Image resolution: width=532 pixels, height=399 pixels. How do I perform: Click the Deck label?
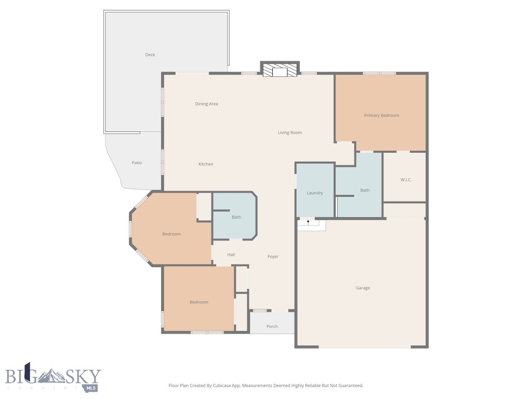150,55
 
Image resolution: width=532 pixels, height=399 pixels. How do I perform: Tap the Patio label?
137,163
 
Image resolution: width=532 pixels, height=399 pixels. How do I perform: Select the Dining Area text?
206,104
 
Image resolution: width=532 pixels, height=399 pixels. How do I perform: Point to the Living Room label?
289,132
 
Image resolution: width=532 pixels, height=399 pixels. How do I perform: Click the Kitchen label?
206,164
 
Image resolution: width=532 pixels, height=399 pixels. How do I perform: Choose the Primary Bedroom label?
381,115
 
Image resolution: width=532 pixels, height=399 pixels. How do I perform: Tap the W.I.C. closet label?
406,180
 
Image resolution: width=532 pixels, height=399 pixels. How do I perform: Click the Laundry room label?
315,193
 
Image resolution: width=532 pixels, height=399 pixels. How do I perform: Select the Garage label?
363,288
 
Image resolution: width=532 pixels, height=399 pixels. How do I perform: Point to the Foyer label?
273,256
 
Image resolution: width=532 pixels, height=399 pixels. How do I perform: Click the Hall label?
231,255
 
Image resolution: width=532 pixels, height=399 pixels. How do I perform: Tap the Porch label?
272,326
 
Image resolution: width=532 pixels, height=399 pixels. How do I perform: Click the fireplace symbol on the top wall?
280,71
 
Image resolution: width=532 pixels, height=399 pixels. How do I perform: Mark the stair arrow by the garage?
308,222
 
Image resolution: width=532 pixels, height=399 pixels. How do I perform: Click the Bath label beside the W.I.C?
365,190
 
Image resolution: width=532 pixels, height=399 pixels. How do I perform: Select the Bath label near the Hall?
236,217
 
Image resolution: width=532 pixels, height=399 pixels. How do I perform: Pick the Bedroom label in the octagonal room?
171,234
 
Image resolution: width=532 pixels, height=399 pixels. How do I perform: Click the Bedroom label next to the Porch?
198,302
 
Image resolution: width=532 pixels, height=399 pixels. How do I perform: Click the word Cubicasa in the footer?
221,385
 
